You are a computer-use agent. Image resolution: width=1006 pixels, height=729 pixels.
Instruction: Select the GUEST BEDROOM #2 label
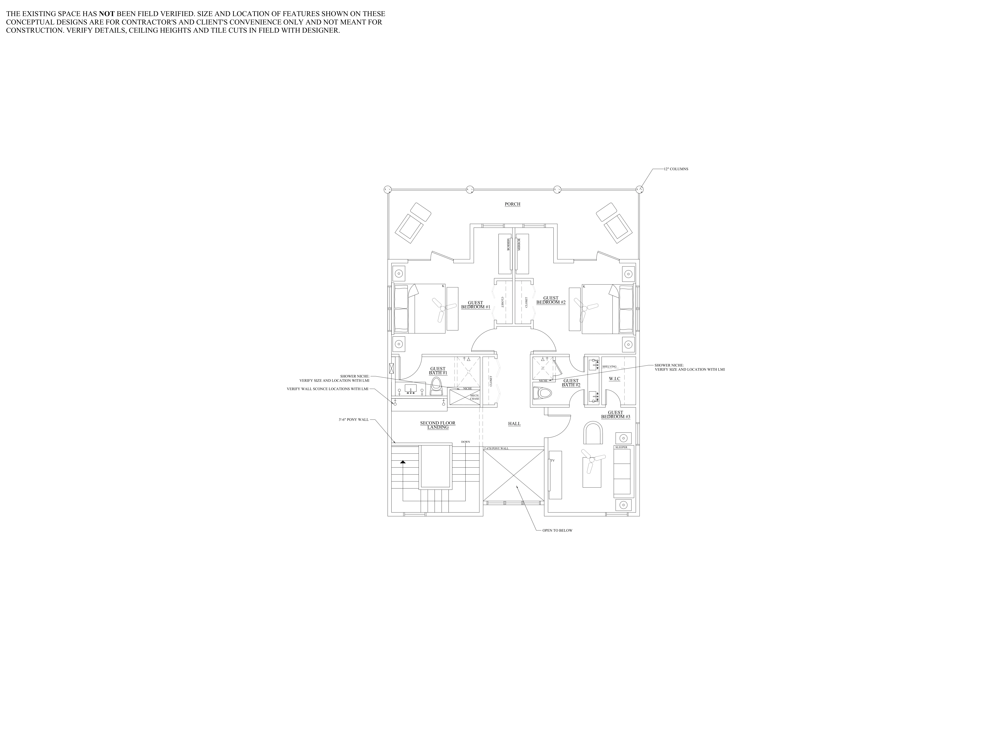pos(551,300)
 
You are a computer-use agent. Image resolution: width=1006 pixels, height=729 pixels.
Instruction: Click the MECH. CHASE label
pos(474,397)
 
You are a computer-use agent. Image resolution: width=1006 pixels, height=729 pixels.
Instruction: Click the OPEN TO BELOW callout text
pos(557,530)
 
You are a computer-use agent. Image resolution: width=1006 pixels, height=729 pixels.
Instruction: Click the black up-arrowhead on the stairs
pos(403,462)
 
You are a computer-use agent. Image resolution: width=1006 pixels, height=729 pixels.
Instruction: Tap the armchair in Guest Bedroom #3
pos(593,433)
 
